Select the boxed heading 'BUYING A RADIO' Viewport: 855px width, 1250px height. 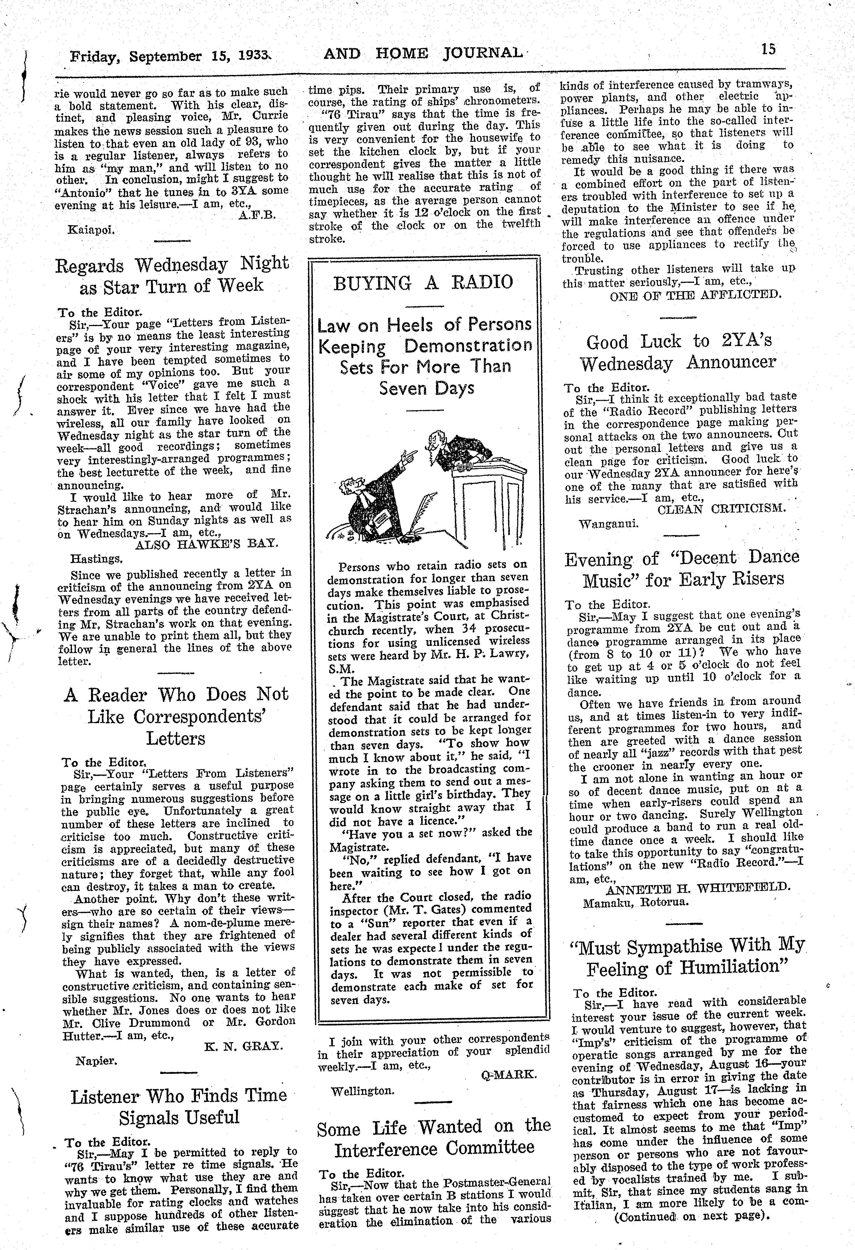(x=423, y=282)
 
